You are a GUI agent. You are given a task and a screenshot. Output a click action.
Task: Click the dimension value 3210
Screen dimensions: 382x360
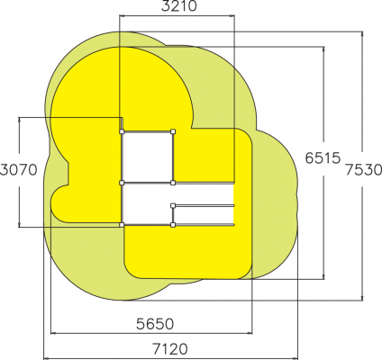click(x=178, y=5)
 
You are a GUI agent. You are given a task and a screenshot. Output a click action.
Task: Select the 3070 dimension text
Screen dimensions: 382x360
click(x=18, y=170)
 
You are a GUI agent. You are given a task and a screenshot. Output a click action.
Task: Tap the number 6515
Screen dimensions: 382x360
click(x=323, y=158)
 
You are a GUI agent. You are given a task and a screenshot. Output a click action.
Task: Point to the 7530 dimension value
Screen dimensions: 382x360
click(x=363, y=170)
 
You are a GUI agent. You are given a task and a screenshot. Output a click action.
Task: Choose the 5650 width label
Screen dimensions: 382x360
click(x=155, y=324)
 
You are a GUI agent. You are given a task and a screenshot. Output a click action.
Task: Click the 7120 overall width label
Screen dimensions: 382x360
click(x=170, y=349)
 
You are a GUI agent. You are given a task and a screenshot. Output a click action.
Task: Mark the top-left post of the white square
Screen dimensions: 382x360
click(x=122, y=131)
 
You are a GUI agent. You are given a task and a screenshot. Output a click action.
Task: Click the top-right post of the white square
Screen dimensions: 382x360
click(x=173, y=131)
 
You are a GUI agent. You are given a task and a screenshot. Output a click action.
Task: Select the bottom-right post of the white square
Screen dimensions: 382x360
click(x=173, y=183)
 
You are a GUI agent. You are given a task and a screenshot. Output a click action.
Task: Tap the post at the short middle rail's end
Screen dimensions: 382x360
click(x=173, y=205)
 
